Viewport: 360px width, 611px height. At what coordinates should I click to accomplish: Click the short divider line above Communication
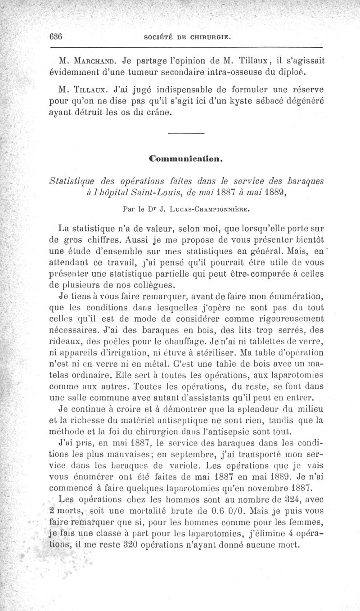coord(186,132)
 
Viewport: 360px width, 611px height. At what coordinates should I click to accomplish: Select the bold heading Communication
coord(185,159)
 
